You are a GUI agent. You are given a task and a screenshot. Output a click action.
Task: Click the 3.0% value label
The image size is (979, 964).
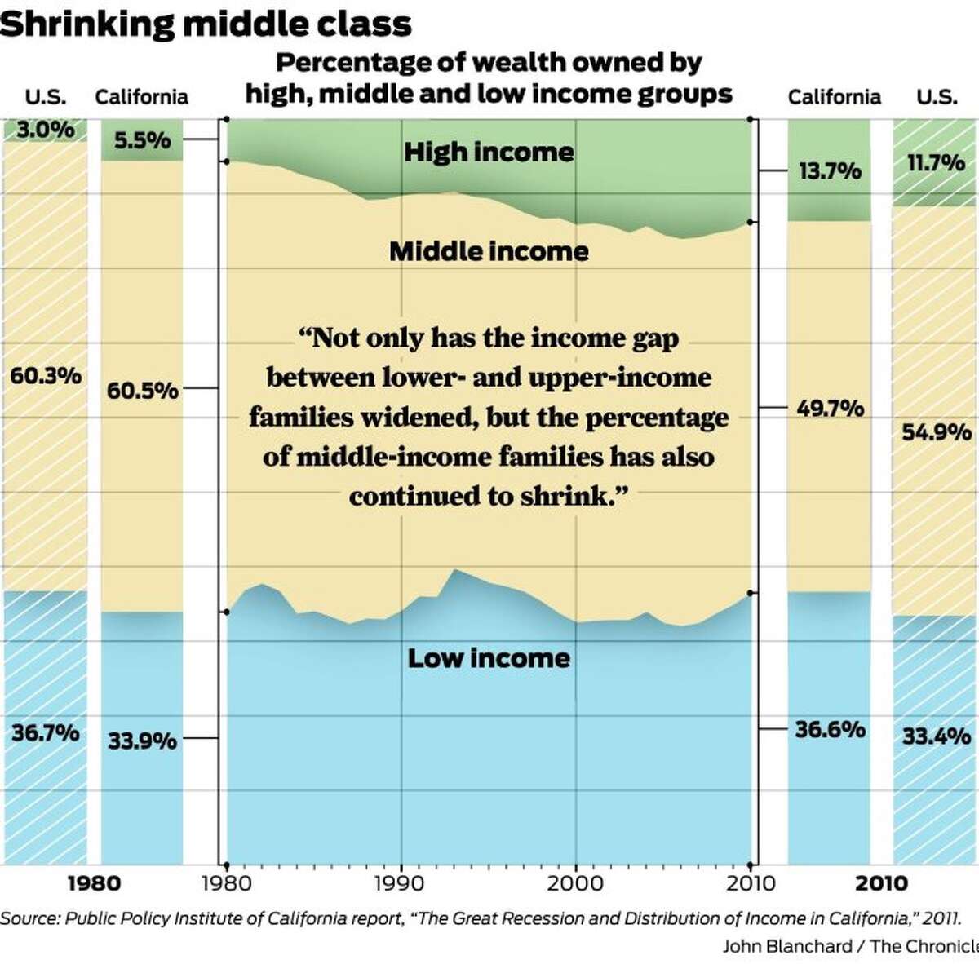coord(46,130)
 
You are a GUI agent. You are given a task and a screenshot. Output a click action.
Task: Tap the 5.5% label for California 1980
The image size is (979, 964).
coord(142,141)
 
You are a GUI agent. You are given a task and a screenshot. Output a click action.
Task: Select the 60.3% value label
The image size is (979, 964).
coord(46,376)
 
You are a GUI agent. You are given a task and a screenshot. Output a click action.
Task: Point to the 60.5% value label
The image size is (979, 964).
coord(142,391)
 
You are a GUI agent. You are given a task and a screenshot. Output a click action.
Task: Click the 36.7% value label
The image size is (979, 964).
coord(46,732)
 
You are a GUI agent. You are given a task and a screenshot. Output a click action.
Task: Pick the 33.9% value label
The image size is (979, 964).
coord(142,741)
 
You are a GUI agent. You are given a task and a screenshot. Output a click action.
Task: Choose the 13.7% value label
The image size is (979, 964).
coord(830,171)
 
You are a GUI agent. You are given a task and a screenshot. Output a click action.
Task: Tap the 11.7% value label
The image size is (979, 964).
coord(936,163)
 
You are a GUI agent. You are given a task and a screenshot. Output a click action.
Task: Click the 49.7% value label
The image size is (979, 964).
coord(830,408)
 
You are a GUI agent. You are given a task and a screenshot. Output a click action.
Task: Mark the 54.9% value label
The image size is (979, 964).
coord(936,432)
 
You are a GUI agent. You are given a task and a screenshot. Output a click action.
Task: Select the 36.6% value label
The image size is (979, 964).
coord(830,729)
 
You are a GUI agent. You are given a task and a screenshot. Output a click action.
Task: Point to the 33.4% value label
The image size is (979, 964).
coord(936,737)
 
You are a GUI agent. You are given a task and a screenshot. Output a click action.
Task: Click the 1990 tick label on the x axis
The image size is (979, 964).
coord(401,883)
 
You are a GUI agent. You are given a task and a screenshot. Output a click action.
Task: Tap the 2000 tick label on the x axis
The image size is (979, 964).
coord(576,883)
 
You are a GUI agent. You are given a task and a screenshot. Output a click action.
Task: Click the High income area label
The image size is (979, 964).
coord(489,153)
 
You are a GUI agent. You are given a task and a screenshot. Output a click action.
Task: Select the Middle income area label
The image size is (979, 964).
coord(489,251)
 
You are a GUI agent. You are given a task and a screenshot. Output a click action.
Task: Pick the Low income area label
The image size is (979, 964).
coord(489,658)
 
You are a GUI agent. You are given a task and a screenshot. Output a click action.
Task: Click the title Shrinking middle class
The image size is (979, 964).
coord(206,24)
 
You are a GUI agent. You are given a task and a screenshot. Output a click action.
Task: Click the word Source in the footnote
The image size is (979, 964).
coord(29,918)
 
